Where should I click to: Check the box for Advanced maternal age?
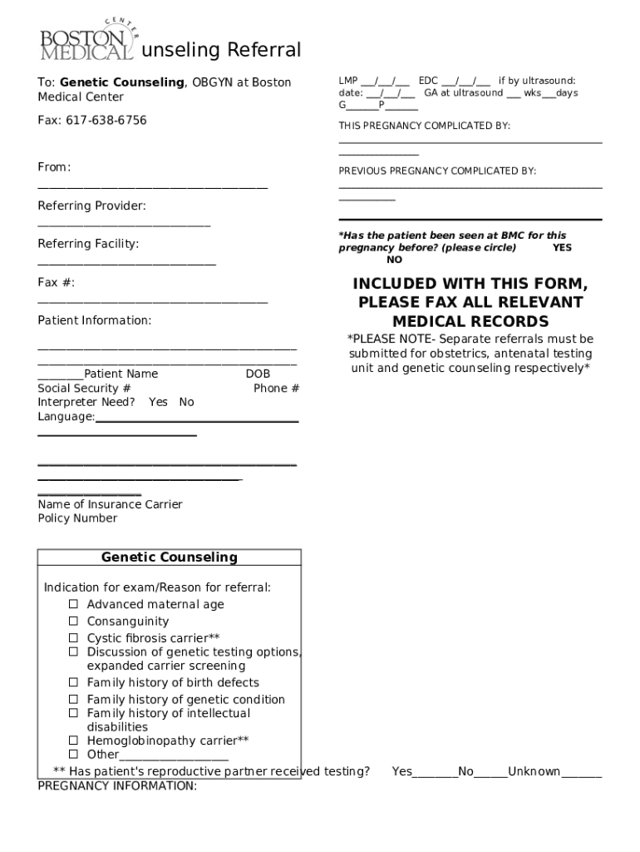point(73,604)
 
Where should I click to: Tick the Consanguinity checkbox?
point(73,621)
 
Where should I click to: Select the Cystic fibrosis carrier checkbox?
point(73,637)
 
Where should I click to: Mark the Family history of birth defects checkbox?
point(73,682)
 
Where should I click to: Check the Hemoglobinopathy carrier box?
point(73,740)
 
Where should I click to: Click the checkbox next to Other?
point(73,754)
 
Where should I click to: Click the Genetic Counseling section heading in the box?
point(170,557)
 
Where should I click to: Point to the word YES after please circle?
point(562,248)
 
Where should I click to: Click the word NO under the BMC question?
point(394,260)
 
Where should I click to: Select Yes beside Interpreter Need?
point(158,402)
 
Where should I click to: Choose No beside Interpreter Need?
point(186,402)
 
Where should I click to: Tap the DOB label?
point(258,374)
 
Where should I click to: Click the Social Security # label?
point(84,388)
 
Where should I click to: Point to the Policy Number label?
point(77,518)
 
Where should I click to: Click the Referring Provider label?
point(91,206)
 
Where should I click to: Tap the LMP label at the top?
point(347,81)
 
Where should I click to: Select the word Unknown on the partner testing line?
point(534,771)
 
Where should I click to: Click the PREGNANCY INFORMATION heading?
point(117,785)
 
